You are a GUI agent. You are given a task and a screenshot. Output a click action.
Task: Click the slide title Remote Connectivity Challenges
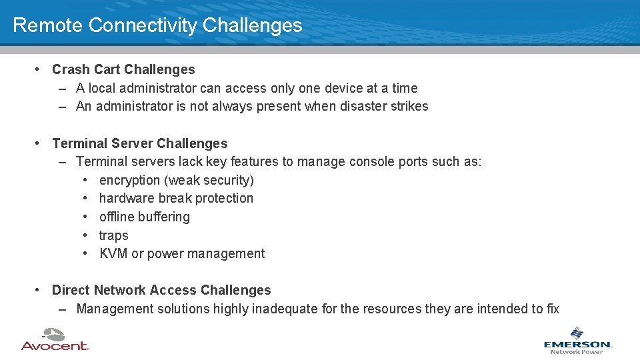coord(157,25)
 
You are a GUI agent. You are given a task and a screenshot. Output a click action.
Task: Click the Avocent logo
coord(55,339)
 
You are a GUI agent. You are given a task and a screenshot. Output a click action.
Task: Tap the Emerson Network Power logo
coord(577,340)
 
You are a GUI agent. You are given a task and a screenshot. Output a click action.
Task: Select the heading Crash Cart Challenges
coord(123,69)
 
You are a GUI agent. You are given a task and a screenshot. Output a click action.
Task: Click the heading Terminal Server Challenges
coord(139,143)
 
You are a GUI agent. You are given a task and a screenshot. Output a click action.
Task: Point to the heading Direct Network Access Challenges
coord(161,290)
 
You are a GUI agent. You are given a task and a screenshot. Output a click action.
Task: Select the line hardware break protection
coord(176,198)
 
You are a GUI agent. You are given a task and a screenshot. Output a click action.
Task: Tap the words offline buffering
coord(144,217)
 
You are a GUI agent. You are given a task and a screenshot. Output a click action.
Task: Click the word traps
coord(113,235)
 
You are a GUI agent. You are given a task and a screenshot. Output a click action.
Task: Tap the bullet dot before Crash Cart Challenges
coord(40,69)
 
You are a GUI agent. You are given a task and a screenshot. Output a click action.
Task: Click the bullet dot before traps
coord(87,235)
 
